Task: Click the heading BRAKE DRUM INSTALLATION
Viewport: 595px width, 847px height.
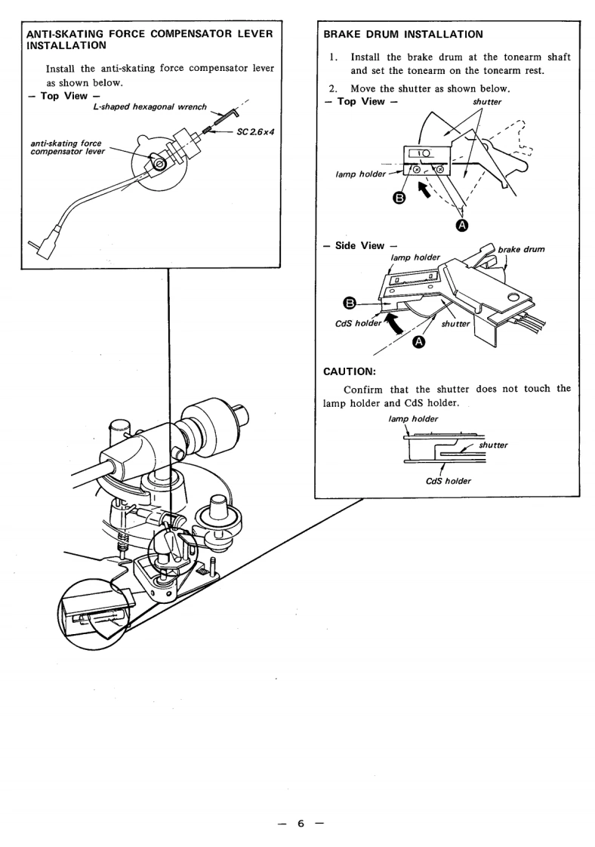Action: (x=402, y=34)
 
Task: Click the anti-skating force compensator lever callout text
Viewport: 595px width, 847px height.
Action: (x=67, y=146)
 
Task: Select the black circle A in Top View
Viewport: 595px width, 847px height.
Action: (x=461, y=224)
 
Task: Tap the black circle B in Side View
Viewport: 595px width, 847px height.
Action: (x=350, y=303)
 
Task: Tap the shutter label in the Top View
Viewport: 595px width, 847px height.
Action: (x=486, y=102)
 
